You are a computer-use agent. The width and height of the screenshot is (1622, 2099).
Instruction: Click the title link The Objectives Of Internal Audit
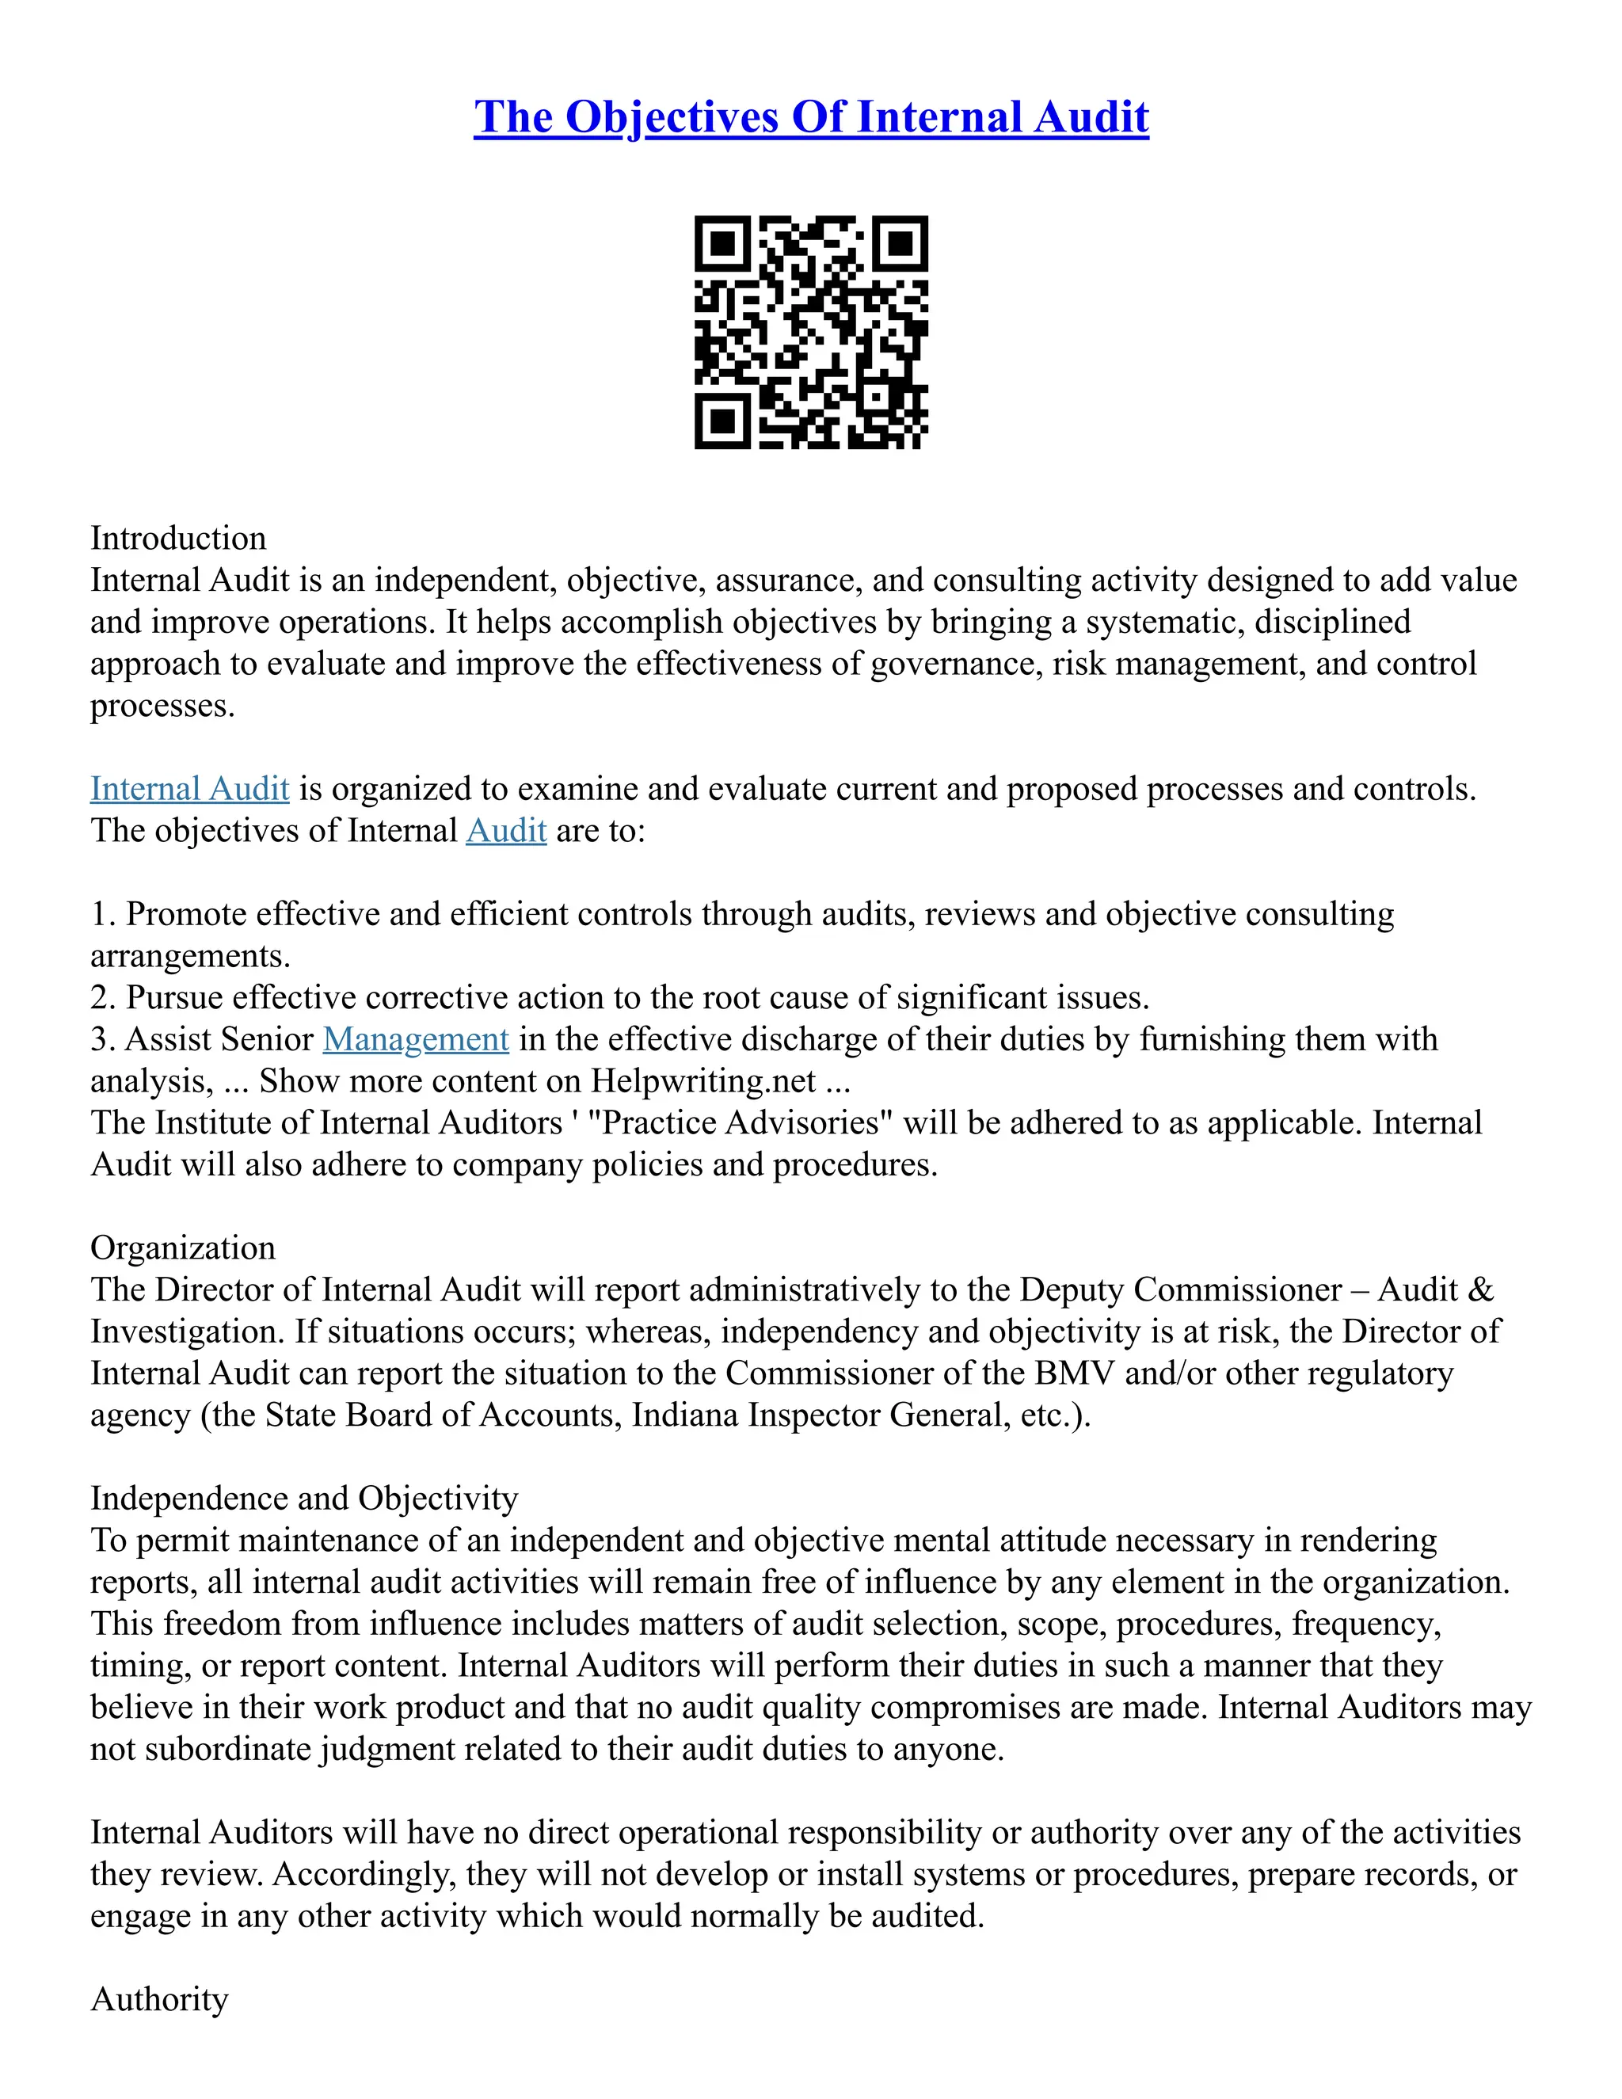[x=811, y=117]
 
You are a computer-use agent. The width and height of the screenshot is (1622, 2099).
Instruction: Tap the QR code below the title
[x=811, y=332]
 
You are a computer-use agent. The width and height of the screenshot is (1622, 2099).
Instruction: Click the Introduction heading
[x=177, y=537]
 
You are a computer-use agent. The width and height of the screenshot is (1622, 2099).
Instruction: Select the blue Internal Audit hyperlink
[x=189, y=788]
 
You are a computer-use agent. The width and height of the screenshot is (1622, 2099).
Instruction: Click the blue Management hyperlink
[x=415, y=1039]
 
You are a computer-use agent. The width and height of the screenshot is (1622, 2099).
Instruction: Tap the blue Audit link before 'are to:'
[x=505, y=830]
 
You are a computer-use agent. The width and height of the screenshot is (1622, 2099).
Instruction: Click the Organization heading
[x=183, y=1248]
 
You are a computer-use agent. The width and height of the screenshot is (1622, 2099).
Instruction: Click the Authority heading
[x=159, y=1999]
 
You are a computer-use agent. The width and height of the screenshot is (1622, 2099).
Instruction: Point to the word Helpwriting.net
[x=703, y=1080]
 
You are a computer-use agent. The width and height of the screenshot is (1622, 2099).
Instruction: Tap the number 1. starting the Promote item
[x=103, y=914]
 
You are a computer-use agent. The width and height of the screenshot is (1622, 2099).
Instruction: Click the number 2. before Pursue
[x=103, y=997]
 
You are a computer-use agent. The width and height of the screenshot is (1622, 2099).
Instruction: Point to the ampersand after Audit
[x=1481, y=1289]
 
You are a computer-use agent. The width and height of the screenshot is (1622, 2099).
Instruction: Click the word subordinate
[x=228, y=1748]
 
